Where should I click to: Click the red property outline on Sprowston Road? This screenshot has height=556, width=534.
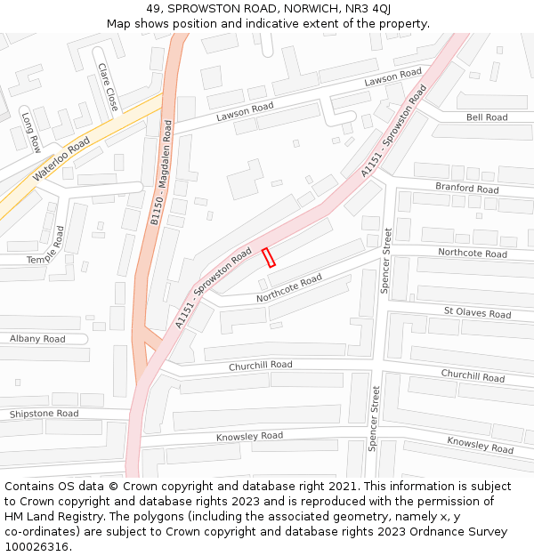pyautogui.click(x=269, y=257)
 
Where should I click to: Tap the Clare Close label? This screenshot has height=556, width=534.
pyautogui.click(x=108, y=86)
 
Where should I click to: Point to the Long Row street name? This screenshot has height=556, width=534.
pyautogui.click(x=31, y=133)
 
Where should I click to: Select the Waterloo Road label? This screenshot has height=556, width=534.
pyautogui.click(x=61, y=159)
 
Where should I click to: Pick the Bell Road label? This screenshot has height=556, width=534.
pyautogui.click(x=487, y=117)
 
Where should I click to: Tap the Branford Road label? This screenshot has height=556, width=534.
pyautogui.click(x=466, y=188)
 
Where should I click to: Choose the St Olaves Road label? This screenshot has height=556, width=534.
pyautogui.click(x=477, y=312)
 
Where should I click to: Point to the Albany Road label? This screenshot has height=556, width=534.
pyautogui.click(x=37, y=339)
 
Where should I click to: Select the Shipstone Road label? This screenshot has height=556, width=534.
pyautogui.click(x=44, y=414)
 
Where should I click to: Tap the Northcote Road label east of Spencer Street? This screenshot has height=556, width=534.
pyautogui.click(x=472, y=254)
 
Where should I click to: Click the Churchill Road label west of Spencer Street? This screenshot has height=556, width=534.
pyautogui.click(x=260, y=366)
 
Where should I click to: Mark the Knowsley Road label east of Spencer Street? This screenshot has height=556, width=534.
pyautogui.click(x=480, y=445)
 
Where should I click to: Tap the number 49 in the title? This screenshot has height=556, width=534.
pyautogui.click(x=153, y=8)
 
